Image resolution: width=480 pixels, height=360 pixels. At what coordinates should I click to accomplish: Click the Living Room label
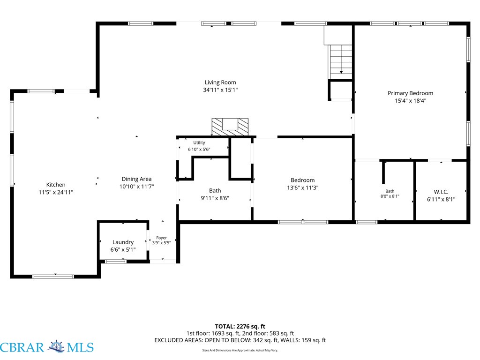(220, 82)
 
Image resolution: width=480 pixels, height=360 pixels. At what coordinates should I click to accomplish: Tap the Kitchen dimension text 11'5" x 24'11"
(56, 192)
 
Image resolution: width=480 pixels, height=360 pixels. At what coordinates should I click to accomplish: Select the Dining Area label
(136, 179)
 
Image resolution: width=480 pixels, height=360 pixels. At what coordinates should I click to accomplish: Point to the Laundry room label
(123, 242)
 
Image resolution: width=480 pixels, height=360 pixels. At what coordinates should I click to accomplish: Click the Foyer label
(161, 238)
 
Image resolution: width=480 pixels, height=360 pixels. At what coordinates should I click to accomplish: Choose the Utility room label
(199, 142)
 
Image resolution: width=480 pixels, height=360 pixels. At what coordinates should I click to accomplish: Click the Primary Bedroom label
(411, 93)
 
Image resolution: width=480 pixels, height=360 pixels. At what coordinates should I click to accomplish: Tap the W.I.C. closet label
(441, 192)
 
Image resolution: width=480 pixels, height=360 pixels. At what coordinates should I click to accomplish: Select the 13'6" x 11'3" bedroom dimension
(303, 187)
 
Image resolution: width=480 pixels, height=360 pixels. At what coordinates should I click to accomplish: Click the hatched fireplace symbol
(230, 127)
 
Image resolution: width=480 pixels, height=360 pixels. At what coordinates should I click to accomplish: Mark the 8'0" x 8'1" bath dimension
(390, 196)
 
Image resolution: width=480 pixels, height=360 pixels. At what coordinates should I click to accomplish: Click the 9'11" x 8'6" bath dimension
(215, 198)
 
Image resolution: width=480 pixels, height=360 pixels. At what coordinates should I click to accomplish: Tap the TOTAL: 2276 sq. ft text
(240, 326)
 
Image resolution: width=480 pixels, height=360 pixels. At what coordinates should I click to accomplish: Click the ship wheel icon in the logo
(56, 346)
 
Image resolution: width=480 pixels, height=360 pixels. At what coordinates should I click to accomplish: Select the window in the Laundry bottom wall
(115, 262)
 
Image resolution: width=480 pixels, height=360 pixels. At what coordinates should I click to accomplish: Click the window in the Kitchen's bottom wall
(53, 277)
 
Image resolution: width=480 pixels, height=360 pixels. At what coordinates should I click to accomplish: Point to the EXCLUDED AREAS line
(240, 340)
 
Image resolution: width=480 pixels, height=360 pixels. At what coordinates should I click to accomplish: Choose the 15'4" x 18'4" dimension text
(411, 101)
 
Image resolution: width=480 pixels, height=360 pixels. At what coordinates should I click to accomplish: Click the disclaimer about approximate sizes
(240, 350)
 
